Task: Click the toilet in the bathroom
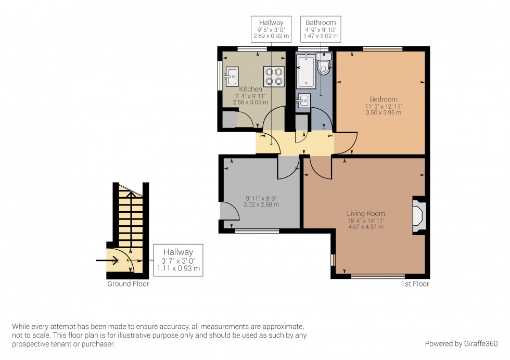tap(324, 66)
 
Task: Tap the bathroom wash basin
tap(303, 100)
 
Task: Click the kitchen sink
tap(231, 76)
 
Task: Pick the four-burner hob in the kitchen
tap(274, 76)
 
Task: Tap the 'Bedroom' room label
tap(384, 99)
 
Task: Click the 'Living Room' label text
tap(366, 213)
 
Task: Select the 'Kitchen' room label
tap(250, 89)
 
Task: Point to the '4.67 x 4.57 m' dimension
tap(366, 227)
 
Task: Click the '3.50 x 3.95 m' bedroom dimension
tap(384, 112)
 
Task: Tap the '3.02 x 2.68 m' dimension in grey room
tap(262, 204)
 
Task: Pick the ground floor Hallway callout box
tap(178, 260)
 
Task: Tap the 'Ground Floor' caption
tap(128, 284)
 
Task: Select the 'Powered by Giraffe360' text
tap(461, 343)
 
